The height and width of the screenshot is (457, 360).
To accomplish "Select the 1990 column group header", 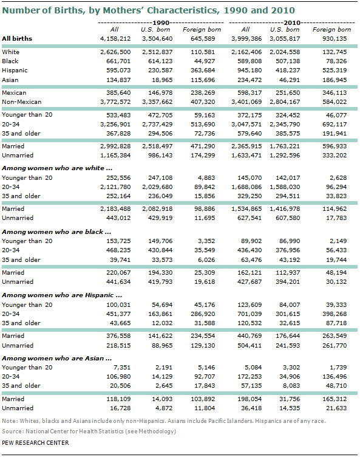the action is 161,22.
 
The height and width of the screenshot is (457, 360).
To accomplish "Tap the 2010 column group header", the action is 292,22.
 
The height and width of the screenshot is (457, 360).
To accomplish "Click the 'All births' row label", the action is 17,38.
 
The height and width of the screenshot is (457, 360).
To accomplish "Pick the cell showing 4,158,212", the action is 115,38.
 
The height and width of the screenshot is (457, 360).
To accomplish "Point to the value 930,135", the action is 335,38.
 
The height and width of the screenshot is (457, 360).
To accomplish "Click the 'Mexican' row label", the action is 14,93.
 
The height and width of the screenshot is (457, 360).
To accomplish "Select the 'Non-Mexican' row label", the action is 22,101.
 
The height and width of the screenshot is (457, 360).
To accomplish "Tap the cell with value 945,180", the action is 250,70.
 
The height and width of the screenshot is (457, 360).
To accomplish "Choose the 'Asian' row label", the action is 10,80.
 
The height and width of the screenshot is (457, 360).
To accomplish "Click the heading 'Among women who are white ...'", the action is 57,168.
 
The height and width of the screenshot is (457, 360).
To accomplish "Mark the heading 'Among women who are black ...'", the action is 56,232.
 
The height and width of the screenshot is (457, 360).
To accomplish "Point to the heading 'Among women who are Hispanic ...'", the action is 62,295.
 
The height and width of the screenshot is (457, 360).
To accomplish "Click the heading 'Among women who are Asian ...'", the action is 57,358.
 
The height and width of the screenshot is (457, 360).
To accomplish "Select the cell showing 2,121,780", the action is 115,187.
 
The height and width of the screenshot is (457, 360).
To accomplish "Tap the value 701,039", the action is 250,314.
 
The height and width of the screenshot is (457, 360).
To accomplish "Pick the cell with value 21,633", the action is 336,408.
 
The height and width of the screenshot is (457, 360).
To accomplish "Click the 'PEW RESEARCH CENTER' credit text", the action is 35,442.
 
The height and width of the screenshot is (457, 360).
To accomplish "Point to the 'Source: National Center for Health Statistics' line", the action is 89,431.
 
